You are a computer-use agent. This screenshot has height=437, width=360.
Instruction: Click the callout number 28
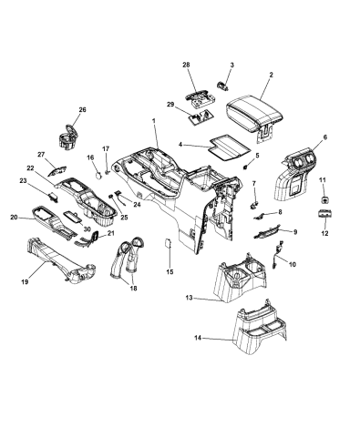point(186,65)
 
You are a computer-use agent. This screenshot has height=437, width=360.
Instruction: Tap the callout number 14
point(198,338)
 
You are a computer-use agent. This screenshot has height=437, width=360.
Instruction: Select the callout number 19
point(25,282)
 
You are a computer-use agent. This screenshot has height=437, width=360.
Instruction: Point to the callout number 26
point(83,109)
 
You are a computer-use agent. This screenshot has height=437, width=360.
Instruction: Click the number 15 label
point(170,272)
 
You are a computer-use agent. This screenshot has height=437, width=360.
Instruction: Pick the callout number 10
point(293,265)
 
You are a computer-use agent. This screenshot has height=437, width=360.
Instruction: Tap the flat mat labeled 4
point(230,147)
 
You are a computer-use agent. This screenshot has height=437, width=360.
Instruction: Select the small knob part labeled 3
point(222,86)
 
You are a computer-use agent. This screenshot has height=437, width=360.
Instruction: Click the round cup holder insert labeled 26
point(67,137)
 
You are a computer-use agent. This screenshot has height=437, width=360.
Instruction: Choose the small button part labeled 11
point(324,199)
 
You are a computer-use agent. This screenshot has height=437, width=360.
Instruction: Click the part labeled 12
point(325,214)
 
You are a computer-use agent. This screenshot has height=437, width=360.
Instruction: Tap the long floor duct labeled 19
point(61,262)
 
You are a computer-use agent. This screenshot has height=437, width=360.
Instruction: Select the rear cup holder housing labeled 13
point(240,278)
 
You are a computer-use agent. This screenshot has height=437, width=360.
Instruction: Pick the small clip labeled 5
point(246,167)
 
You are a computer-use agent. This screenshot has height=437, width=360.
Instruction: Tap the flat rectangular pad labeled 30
point(73,218)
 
